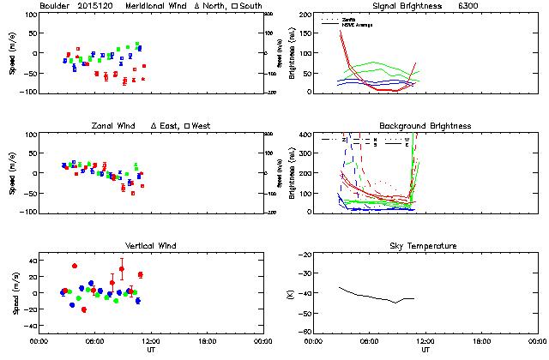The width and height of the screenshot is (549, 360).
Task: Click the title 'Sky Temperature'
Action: coord(425,246)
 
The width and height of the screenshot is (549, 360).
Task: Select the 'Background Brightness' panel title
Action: coord(425,126)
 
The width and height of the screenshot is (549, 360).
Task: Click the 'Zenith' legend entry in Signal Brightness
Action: coord(350,18)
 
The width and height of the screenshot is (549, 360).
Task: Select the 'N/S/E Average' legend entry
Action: coord(358,23)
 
